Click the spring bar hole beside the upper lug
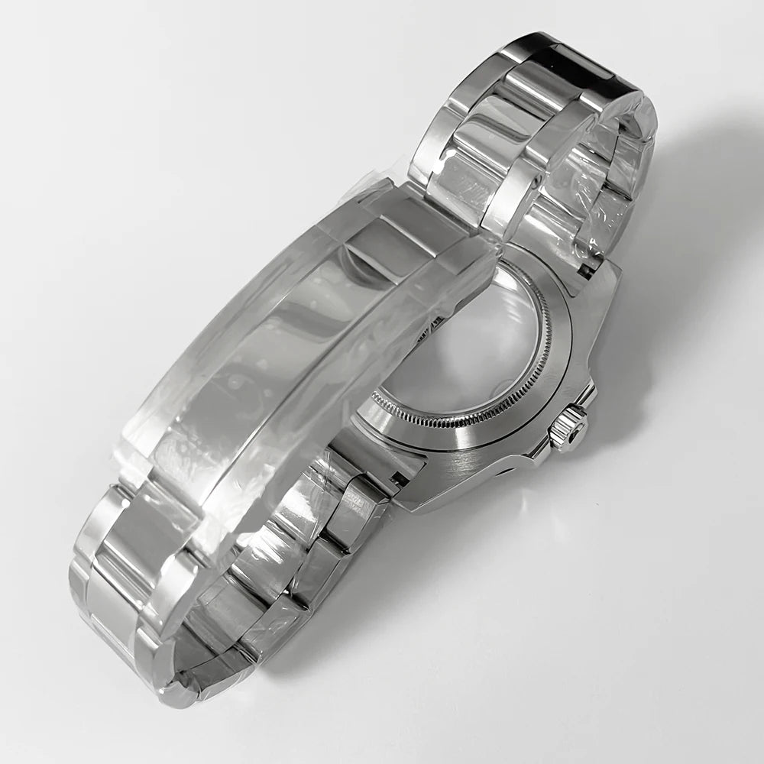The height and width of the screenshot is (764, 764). click(x=587, y=267)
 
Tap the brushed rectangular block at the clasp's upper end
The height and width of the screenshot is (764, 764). click(x=413, y=222)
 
